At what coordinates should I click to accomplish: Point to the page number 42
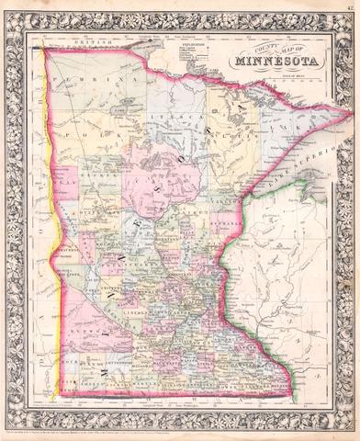(349, 6)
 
